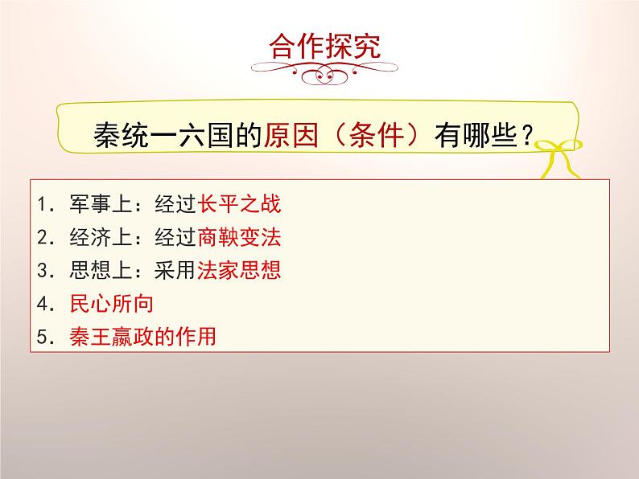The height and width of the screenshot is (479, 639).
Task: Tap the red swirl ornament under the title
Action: click(x=319, y=73)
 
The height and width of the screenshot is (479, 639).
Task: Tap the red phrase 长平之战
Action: click(x=239, y=204)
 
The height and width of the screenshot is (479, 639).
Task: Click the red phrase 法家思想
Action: click(x=239, y=271)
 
